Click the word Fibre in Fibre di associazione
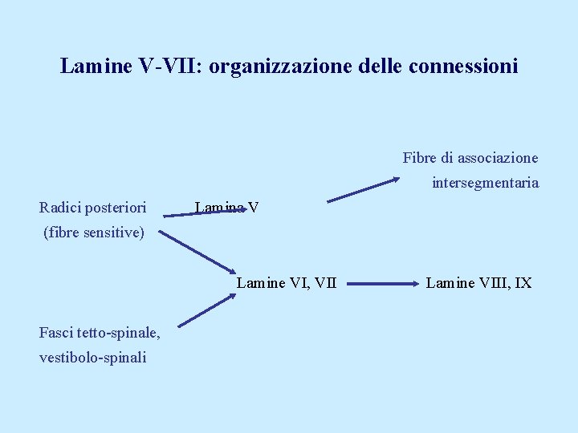(418, 158)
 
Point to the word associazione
(498, 158)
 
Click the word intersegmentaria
(485, 183)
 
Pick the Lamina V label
(226, 208)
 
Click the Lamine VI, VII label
(287, 282)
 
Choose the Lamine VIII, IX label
(478, 282)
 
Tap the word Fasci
(57, 333)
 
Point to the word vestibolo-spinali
(92, 358)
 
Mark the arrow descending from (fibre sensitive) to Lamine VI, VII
(195, 253)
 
